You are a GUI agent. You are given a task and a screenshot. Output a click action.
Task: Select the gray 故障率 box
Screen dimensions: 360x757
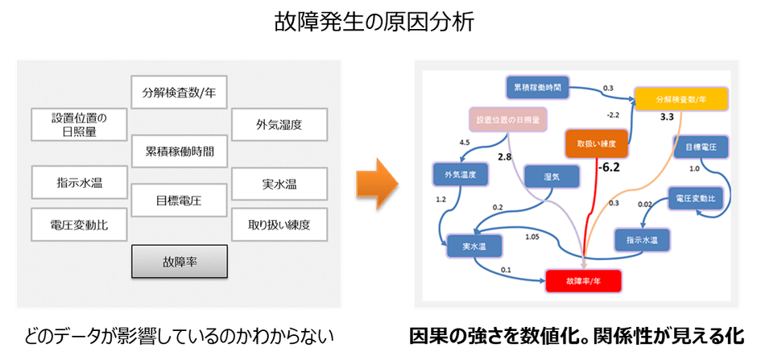(179, 261)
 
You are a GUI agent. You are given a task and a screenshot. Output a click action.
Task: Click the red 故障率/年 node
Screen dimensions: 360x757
(585, 279)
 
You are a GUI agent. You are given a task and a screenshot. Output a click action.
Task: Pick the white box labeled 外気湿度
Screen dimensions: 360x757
(279, 125)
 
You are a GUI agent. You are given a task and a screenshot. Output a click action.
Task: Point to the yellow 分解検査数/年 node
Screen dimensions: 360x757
(680, 99)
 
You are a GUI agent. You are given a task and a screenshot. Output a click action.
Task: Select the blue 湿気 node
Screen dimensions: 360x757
(552, 177)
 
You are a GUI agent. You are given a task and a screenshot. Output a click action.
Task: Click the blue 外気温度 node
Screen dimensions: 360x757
(456, 173)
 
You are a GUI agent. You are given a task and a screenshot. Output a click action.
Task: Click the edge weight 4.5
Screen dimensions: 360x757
(465, 143)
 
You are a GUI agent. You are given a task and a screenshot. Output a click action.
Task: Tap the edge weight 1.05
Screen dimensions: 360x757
(532, 237)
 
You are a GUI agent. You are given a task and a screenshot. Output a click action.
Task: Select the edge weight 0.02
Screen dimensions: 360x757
(645, 205)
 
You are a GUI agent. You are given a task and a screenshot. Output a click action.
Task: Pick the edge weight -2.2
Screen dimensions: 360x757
(613, 115)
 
